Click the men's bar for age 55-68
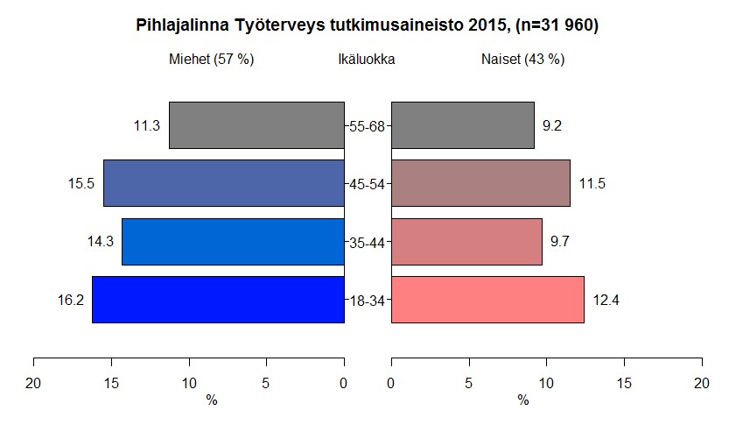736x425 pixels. (256, 125)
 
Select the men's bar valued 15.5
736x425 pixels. (223, 183)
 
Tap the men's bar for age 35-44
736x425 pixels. (233, 242)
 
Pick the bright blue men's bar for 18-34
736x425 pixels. (218, 300)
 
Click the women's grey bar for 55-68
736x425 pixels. (462, 125)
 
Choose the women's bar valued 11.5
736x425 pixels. (480, 183)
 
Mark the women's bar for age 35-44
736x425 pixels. (466, 242)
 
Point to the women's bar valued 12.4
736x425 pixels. (487, 300)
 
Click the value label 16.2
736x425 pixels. (70, 301)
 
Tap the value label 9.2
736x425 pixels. (552, 126)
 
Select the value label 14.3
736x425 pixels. (100, 243)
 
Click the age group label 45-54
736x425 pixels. (368, 184)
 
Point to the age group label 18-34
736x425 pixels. (368, 301)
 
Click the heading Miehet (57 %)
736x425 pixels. (211, 60)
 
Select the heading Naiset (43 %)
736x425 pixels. (522, 60)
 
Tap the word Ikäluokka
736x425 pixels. (366, 60)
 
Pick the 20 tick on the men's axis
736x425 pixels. (34, 382)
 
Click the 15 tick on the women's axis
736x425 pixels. (625, 382)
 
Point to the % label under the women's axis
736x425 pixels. (522, 400)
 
